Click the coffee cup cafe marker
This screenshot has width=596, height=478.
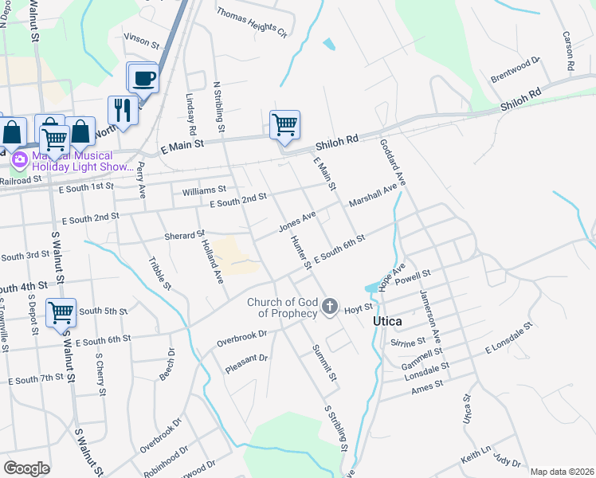pyautogui.click(x=143, y=78)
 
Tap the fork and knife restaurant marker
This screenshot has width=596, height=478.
pyautogui.click(x=122, y=110)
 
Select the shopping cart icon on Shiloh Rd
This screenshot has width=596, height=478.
pyautogui.click(x=284, y=124)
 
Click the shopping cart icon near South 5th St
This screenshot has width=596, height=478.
pyautogui.click(x=61, y=311)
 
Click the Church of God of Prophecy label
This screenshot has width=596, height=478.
pyautogui.click(x=283, y=308)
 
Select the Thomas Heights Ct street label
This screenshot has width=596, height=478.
pyautogui.click(x=251, y=24)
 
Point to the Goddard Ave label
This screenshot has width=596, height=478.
pyautogui.click(x=394, y=163)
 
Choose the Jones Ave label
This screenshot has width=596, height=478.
pyautogui.click(x=297, y=221)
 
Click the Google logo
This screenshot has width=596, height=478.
pyautogui.click(x=27, y=468)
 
